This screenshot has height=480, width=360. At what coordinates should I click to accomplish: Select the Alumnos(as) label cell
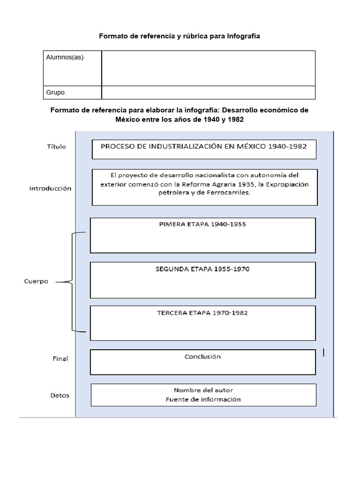[72, 68]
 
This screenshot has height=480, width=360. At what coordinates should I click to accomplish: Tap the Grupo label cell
[72, 92]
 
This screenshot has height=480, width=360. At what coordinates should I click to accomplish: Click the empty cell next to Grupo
[208, 92]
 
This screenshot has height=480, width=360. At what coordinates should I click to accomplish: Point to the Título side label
[57, 147]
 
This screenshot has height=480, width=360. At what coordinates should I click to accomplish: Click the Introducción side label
[50, 188]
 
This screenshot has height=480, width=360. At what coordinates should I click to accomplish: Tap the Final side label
[60, 359]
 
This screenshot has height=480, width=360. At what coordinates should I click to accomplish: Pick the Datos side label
[60, 395]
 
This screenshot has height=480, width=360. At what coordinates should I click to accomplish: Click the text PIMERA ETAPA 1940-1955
[202, 225]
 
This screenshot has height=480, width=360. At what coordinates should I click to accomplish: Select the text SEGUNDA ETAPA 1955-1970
[202, 269]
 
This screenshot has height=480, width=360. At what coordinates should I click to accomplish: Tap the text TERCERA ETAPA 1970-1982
[202, 313]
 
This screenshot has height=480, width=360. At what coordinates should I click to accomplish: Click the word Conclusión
[202, 356]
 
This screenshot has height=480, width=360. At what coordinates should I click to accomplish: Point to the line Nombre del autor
[203, 390]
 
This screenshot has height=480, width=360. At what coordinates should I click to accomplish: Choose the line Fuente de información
[203, 399]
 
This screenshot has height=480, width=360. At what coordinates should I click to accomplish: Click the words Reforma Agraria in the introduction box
[217, 184]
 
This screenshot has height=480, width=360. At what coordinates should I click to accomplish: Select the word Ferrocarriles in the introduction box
[231, 193]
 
